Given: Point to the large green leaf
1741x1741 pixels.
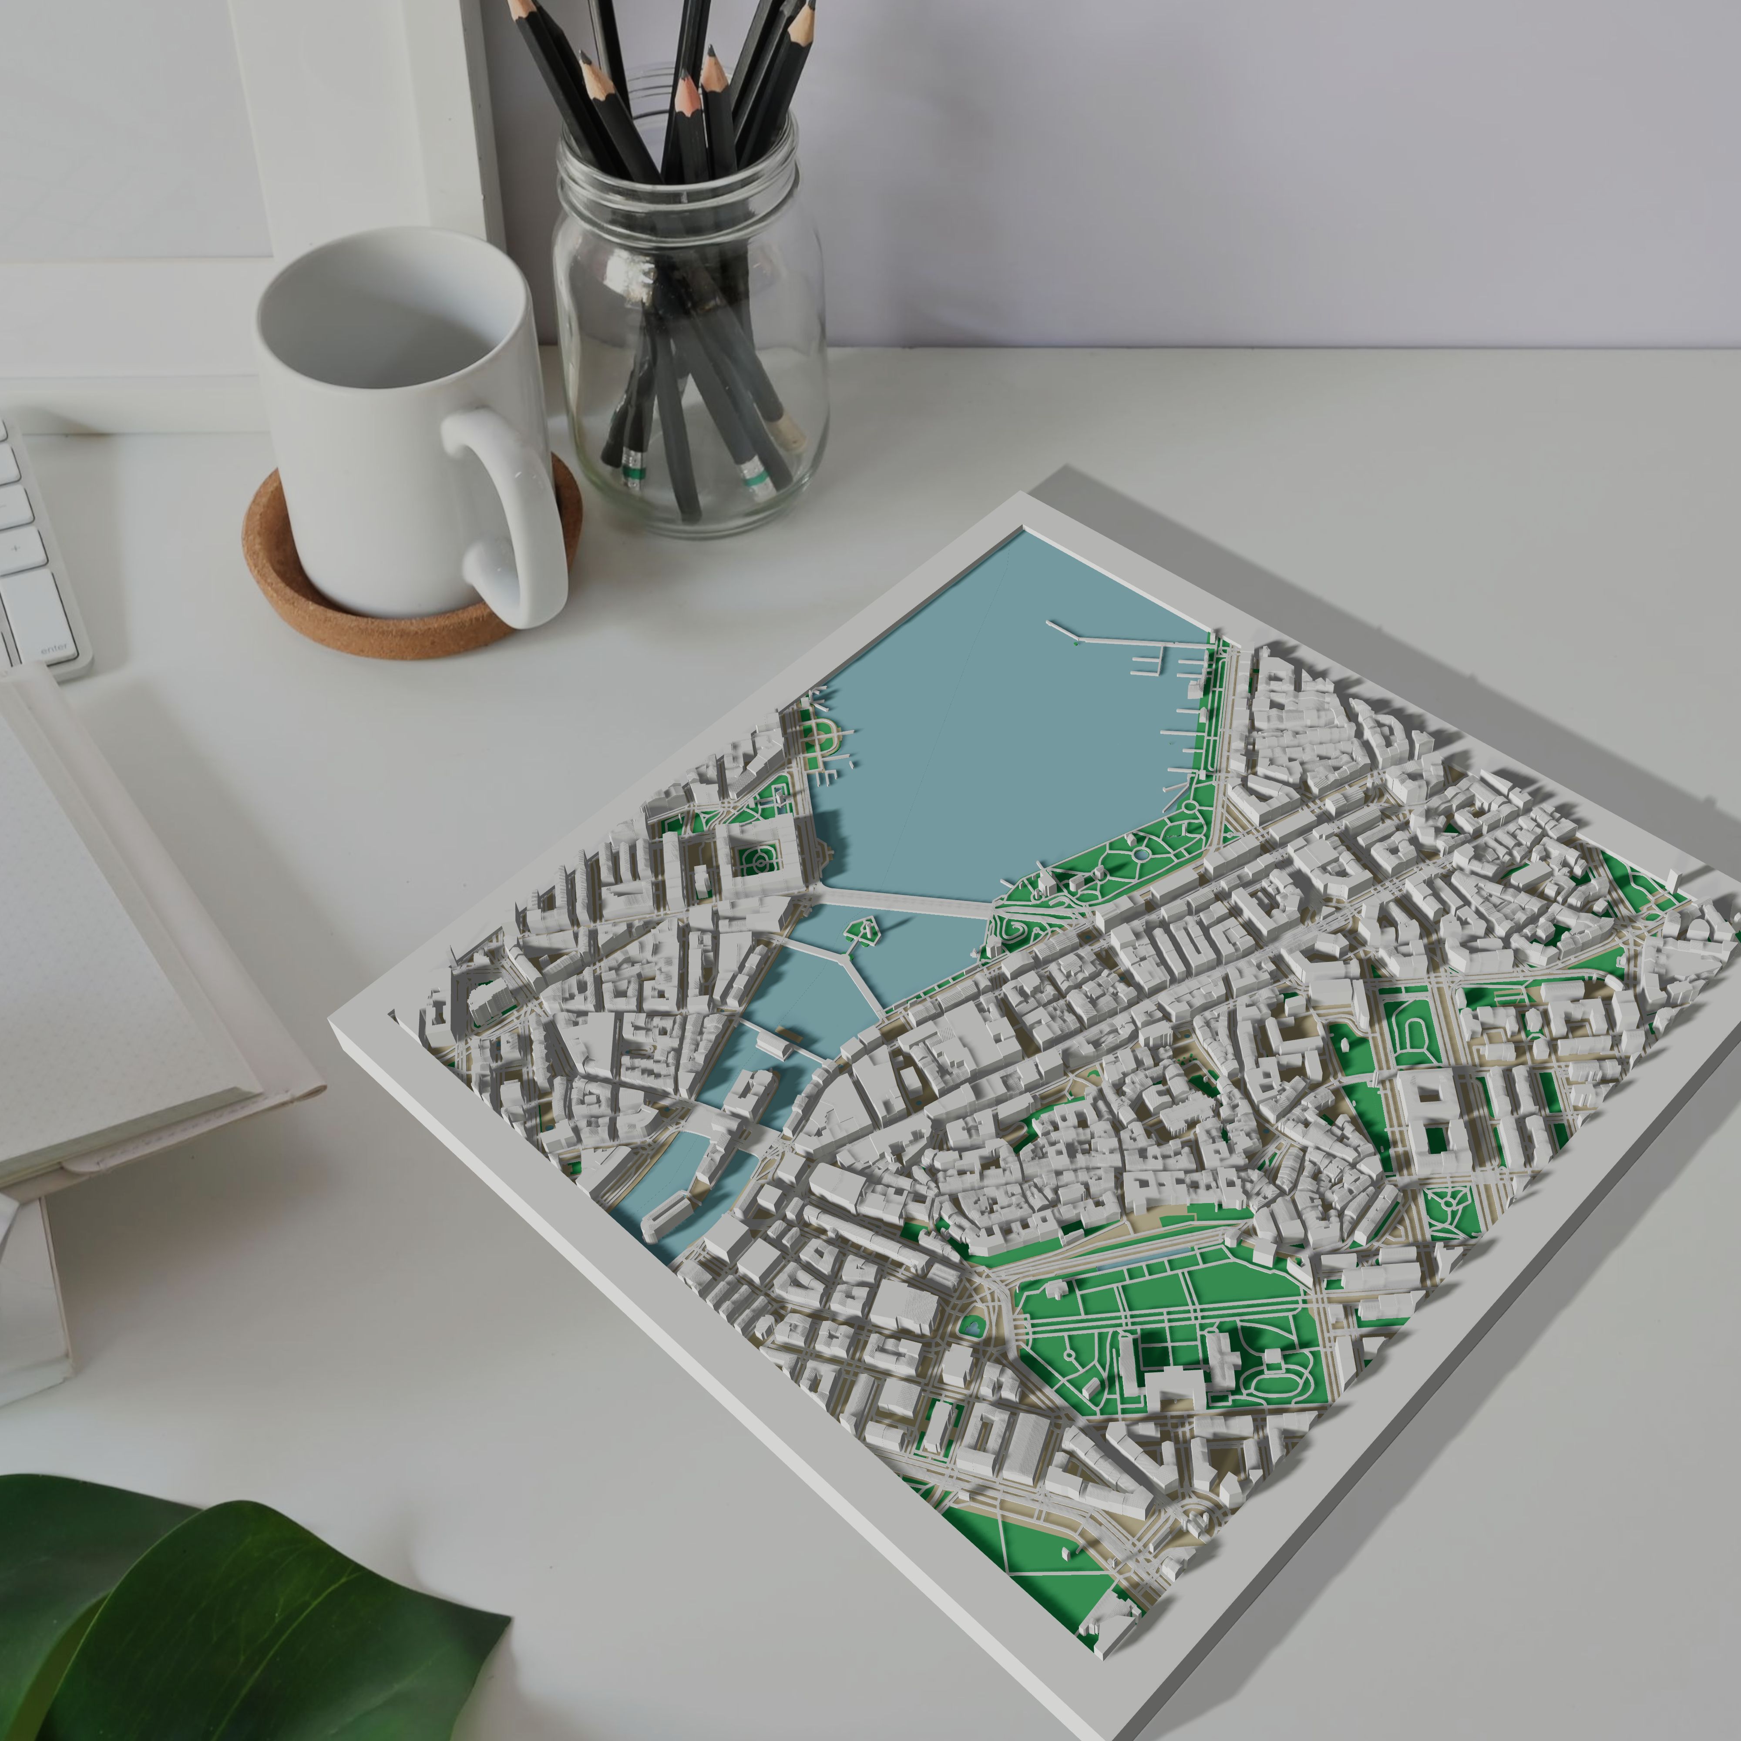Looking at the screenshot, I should [x=225, y=1622].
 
